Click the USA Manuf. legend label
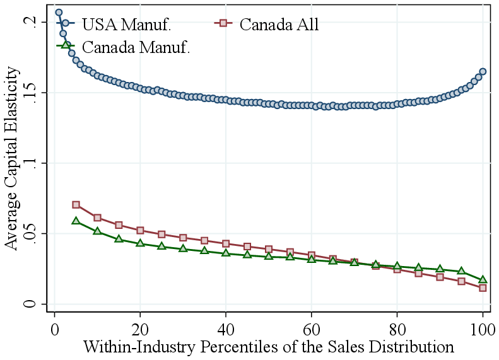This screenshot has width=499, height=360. click(x=127, y=25)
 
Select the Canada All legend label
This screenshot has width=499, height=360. click(x=279, y=25)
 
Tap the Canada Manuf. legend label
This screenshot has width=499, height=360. click(x=136, y=47)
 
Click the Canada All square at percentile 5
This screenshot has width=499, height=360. click(x=76, y=205)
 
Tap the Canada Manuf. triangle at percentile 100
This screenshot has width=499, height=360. click(x=483, y=280)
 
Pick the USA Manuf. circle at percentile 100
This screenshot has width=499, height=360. click(x=483, y=72)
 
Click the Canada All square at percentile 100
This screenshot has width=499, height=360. click(x=483, y=287)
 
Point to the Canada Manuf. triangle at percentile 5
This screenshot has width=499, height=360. click(x=76, y=221)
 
